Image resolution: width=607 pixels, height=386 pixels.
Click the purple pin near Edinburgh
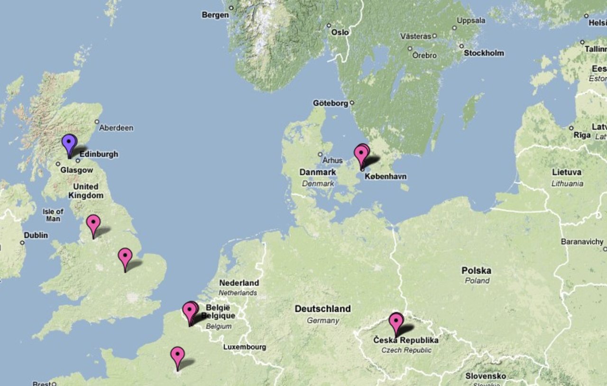[x=69, y=143]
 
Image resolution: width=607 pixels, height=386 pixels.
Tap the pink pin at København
[x=361, y=154]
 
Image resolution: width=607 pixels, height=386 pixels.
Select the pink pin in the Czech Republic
[x=396, y=321]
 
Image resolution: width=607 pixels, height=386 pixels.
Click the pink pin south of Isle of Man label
[x=93, y=223]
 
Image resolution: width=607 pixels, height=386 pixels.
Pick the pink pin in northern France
[x=177, y=355]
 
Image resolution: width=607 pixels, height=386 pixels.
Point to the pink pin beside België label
[x=190, y=311]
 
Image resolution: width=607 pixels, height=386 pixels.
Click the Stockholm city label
[x=484, y=53]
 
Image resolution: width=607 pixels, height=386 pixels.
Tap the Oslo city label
[x=340, y=32]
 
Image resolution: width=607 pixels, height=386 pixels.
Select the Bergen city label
[x=215, y=15]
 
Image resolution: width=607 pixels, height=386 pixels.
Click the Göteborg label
[x=330, y=103]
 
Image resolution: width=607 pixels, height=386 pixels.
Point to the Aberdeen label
[x=116, y=128]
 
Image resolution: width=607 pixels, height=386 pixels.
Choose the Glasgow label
[x=76, y=170]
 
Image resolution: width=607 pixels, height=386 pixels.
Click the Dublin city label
[x=36, y=235]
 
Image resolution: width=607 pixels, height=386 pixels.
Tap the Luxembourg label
[x=245, y=347]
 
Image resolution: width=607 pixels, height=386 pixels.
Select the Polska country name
[x=477, y=271]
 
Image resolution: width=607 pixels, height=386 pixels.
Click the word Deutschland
[x=322, y=309]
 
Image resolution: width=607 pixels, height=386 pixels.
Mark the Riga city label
[x=582, y=135]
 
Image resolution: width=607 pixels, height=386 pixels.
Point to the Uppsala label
[x=471, y=20]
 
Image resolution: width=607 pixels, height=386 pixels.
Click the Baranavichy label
[x=581, y=242]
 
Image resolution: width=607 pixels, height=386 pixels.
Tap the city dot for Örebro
[x=410, y=48]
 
